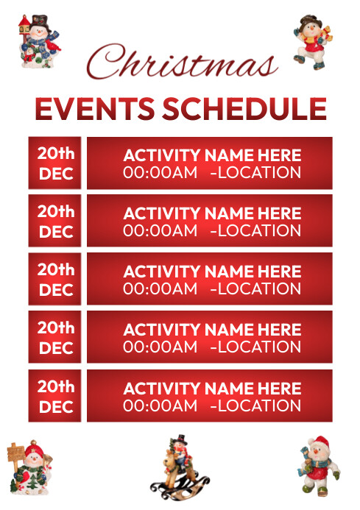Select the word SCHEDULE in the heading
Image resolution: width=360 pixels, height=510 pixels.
point(244,110)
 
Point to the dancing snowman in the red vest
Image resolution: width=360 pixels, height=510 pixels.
point(310,42)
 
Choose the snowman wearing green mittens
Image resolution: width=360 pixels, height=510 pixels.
point(317,465)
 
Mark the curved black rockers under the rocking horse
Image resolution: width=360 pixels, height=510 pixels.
point(175,488)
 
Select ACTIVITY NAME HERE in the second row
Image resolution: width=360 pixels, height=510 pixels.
point(212,213)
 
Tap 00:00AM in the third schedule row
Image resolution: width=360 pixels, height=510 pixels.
point(160,288)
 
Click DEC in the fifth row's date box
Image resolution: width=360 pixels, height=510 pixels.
point(56,407)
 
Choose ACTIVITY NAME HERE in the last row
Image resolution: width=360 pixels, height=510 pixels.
point(212,389)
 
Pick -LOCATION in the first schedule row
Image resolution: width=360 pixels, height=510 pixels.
point(255,173)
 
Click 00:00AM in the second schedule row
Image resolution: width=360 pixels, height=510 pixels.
point(160,230)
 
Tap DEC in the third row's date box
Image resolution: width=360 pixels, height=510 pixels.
point(56,290)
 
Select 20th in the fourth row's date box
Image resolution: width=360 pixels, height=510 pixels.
point(56,327)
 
